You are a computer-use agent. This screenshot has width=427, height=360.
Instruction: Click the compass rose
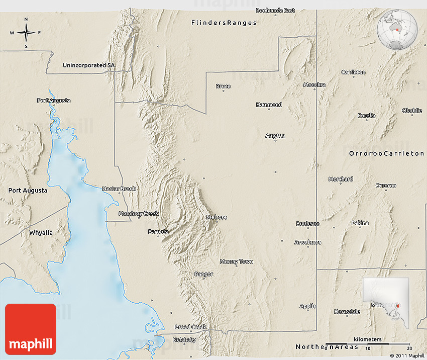coord(26,33)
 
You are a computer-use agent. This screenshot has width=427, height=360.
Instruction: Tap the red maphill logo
coord(31,329)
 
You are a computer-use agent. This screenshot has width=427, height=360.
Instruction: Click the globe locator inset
coord(397,30)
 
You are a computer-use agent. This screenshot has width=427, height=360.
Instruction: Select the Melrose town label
coord(217,217)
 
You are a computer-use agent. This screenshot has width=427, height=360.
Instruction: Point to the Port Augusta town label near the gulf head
coord(54,101)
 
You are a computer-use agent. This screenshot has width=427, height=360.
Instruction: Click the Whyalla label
coord(41,233)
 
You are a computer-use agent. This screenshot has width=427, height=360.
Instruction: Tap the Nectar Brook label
coord(119,189)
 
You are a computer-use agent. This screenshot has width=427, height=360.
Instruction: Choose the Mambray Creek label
coord(138,214)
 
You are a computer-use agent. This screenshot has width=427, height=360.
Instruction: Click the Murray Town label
coord(236,261)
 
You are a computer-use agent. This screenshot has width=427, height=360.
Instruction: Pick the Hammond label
coord(269,105)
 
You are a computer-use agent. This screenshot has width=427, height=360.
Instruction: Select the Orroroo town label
coord(386,186)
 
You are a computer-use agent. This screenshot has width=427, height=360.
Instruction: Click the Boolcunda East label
coord(275,10)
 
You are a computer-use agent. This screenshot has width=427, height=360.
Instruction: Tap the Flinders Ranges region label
coord(224,23)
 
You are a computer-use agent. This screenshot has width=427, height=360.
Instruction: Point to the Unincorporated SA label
coord(88,65)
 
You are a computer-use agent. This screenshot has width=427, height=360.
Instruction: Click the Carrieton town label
coord(353,72)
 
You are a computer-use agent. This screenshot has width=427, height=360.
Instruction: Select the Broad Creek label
coord(190,327)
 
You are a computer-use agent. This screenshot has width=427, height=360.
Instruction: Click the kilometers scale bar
coord(368,344)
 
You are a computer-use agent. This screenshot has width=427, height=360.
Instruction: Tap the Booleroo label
coord(307,223)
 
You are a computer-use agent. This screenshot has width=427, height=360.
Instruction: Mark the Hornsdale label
coord(347,312)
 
